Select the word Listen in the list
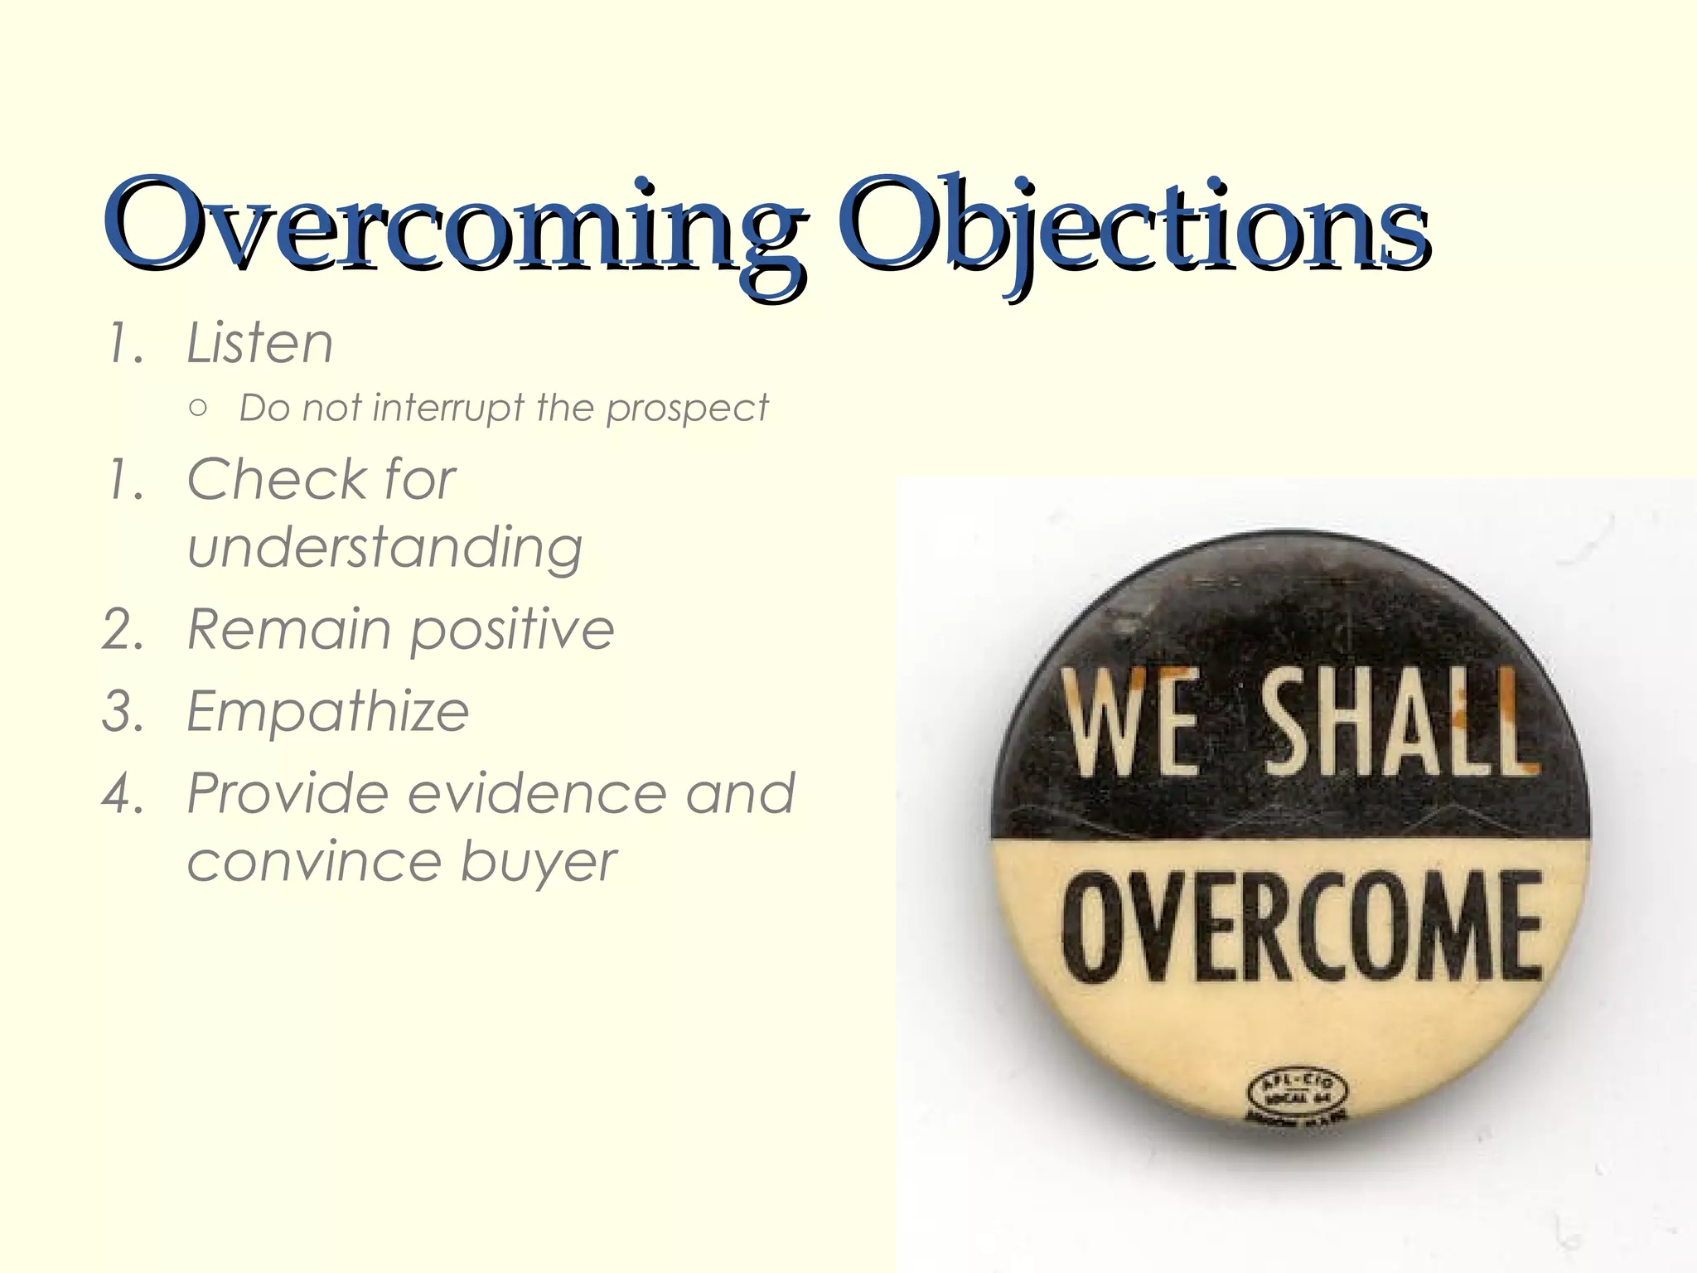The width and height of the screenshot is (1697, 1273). [x=259, y=343]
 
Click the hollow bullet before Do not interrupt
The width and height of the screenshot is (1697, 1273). [x=197, y=408]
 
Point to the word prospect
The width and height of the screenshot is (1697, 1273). [x=687, y=409]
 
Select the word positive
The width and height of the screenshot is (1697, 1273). [x=512, y=630]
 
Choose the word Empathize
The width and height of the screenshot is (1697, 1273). [x=328, y=712]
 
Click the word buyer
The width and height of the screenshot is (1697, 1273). [x=539, y=862]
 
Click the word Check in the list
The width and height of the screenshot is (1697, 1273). [x=277, y=480]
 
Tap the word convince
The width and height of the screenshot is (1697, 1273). [x=313, y=862]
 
